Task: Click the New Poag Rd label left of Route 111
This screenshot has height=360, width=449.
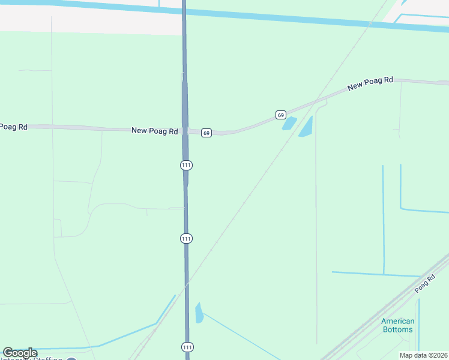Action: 155,130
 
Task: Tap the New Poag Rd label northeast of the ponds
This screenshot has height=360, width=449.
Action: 370,83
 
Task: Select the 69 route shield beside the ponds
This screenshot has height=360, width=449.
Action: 280,115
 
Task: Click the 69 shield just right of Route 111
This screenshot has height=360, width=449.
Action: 206,133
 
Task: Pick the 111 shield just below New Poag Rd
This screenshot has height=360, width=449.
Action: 186,165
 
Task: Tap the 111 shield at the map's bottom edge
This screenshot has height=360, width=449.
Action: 187,347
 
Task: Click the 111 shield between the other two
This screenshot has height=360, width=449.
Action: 186,238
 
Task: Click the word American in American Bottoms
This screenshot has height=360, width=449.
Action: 397,321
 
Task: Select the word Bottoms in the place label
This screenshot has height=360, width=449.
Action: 397,329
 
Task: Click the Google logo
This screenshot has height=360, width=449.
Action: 20,353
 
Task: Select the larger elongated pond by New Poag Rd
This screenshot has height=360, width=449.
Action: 306,127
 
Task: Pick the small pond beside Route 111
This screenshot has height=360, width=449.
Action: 199,313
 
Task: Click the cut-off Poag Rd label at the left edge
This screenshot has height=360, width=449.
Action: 13,127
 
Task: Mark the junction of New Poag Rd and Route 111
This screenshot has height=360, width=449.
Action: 185,131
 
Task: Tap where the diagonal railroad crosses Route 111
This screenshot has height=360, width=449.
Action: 187,284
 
